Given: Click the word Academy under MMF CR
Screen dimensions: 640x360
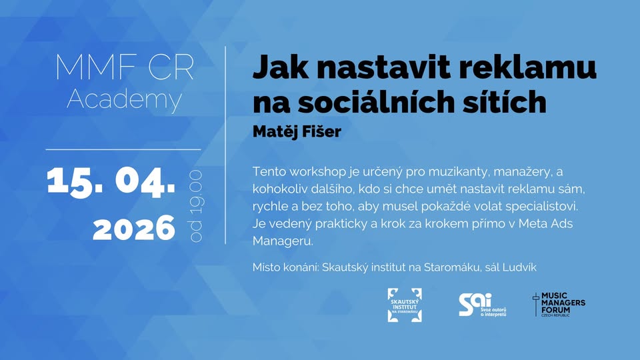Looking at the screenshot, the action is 124,99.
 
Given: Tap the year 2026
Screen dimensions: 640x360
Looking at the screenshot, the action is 134,228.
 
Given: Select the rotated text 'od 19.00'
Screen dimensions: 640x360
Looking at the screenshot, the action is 196,206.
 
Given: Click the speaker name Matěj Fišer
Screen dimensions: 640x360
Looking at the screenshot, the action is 297,132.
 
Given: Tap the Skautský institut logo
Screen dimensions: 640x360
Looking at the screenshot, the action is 405,305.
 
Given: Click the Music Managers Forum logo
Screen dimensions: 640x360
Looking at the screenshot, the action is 559,305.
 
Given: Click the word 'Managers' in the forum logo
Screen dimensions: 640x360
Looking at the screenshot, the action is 563,303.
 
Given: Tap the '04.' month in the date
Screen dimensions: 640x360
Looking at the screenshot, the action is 145,181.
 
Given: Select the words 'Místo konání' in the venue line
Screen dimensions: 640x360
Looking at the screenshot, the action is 285,267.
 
